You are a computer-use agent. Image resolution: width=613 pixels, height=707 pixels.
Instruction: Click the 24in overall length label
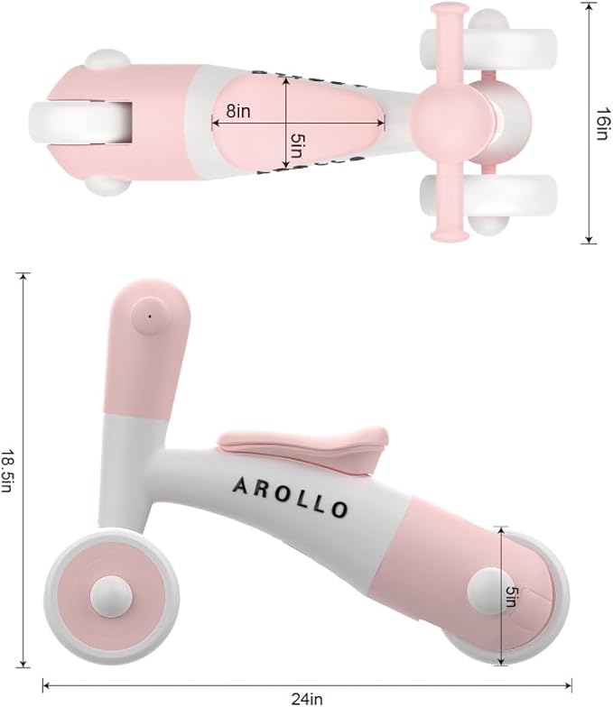pos(307,698)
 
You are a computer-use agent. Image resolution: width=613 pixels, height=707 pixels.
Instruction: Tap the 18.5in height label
pos(7,471)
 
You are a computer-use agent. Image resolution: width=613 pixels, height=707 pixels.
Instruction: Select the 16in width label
pos(603,124)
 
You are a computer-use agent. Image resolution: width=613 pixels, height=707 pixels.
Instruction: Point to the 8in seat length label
pos(238,111)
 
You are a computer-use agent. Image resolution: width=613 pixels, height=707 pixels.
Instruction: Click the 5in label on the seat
pos(296,144)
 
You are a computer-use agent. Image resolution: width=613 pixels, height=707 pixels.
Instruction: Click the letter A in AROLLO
pos(240,485)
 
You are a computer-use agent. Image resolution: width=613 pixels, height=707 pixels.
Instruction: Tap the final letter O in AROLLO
pos(339,509)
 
